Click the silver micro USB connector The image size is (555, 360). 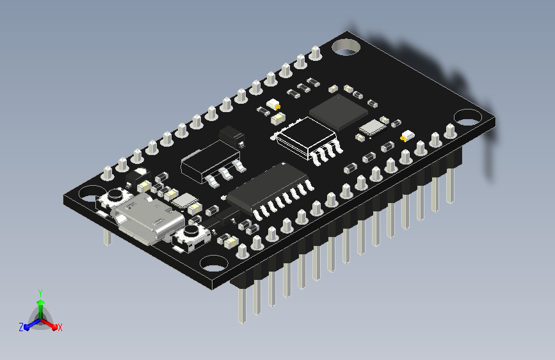click(x=148, y=218)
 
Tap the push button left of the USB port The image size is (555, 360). click(x=115, y=199)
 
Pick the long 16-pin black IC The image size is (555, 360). click(x=269, y=192)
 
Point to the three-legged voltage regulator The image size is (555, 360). click(x=213, y=162)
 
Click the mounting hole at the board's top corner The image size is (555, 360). click(x=346, y=47)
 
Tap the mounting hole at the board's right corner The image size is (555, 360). click(x=467, y=118)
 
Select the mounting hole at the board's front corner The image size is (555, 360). click(x=213, y=263)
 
